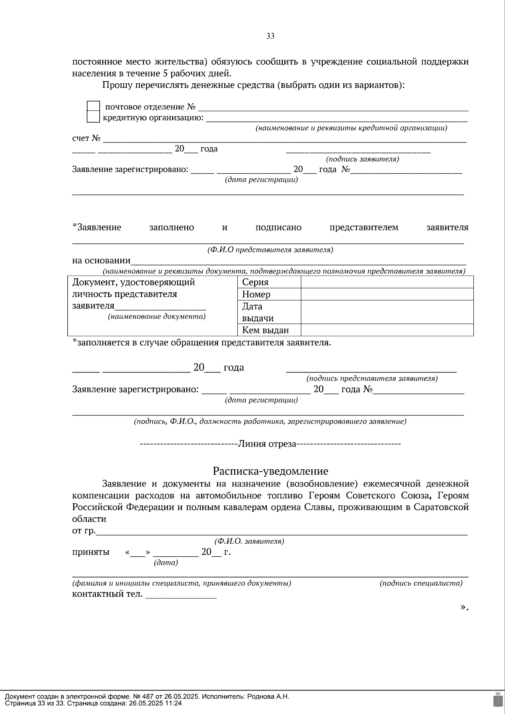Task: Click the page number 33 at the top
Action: click(x=270, y=36)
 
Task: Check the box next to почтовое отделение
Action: click(x=93, y=106)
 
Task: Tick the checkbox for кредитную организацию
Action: click(x=93, y=117)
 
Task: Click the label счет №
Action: click(x=86, y=138)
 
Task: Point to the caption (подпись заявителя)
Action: click(x=362, y=159)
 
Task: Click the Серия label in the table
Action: click(x=255, y=282)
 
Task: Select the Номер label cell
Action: click(x=256, y=294)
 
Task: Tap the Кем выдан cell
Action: click(x=265, y=330)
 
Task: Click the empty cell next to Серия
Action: click(x=387, y=282)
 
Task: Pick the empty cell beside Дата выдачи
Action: click(x=387, y=312)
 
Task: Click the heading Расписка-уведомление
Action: click(x=270, y=471)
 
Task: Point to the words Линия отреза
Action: click(x=267, y=444)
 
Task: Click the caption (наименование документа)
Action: click(x=157, y=316)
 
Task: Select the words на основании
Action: click(x=101, y=260)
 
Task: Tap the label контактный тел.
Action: click(x=107, y=594)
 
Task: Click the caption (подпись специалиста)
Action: click(x=421, y=583)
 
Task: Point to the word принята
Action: click(x=90, y=552)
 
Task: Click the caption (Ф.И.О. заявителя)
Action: click(x=249, y=541)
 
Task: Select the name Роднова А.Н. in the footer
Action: click(x=268, y=696)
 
